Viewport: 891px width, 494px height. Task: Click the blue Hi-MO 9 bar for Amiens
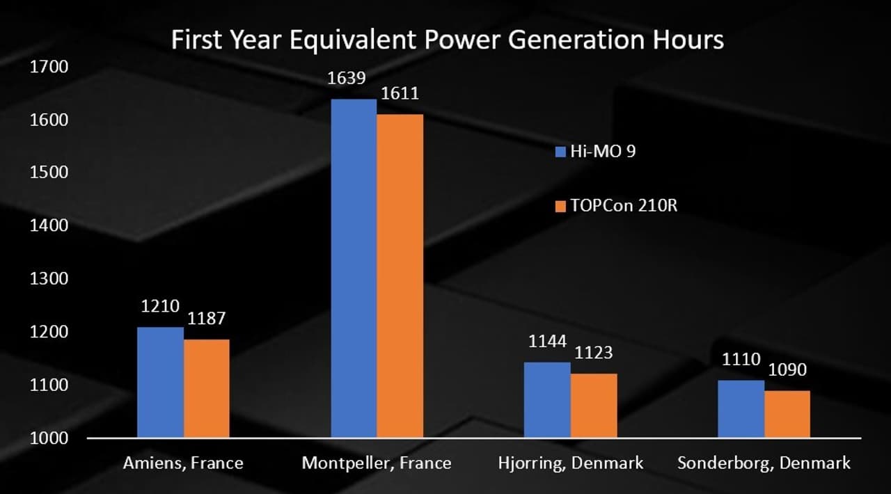(160, 382)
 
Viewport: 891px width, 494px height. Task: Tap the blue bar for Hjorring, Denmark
(546, 400)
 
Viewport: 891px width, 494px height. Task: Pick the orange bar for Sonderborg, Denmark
(787, 414)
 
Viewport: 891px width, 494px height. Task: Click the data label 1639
(347, 78)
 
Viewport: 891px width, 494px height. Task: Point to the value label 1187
(206, 319)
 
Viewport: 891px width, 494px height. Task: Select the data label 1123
(593, 353)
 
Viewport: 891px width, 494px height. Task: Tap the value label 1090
(787, 370)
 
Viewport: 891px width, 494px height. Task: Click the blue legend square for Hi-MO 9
(560, 152)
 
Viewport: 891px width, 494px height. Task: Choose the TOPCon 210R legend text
(624, 206)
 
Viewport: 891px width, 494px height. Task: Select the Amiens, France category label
(183, 463)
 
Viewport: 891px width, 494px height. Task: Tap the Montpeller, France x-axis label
(377, 463)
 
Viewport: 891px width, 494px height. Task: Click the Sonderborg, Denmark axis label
(764, 463)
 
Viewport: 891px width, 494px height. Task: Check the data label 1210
(160, 306)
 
